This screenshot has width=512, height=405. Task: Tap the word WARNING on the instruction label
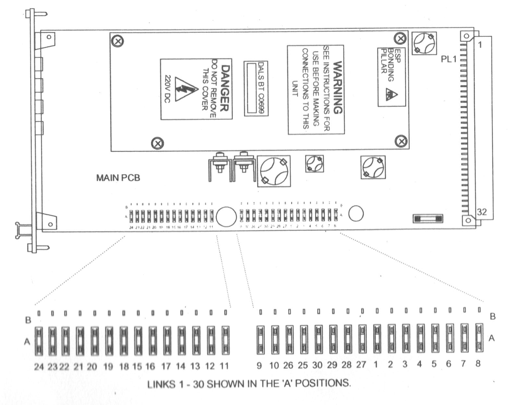tap(337, 88)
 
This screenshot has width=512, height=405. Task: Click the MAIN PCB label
tap(118, 178)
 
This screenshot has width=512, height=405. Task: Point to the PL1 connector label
tap(449, 60)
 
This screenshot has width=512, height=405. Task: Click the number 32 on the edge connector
tap(482, 212)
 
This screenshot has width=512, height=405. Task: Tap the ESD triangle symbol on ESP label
tap(390, 94)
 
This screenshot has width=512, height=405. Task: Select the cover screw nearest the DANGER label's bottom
tap(157, 143)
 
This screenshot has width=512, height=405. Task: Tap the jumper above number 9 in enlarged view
tap(260, 339)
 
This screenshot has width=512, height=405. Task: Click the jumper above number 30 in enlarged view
tap(318, 339)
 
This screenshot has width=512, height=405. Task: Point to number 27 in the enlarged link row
tap(361, 365)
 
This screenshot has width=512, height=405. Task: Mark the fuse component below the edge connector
tap(428, 219)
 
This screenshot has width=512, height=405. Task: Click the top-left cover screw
tap(118, 41)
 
